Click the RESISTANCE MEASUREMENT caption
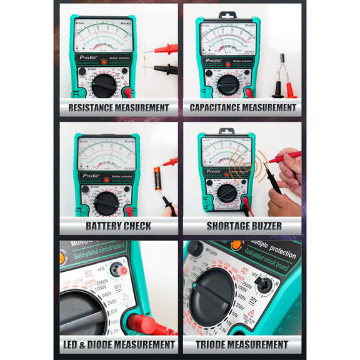pyautogui.click(x=118, y=107)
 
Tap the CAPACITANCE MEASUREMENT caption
pyautogui.click(x=242, y=107)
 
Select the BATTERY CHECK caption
pyautogui.click(x=118, y=226)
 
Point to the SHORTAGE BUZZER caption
pyautogui.click(x=244, y=226)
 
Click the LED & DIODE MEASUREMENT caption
pyautogui.click(x=118, y=344)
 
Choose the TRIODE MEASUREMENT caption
pyautogui.click(x=244, y=344)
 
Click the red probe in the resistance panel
pyautogui.click(x=164, y=48)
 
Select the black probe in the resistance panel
pyautogui.click(x=164, y=69)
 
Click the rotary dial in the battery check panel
pyautogui.click(x=106, y=203)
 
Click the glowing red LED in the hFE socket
pyautogui.click(x=122, y=270)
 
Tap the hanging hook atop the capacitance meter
pyautogui.click(x=227, y=14)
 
